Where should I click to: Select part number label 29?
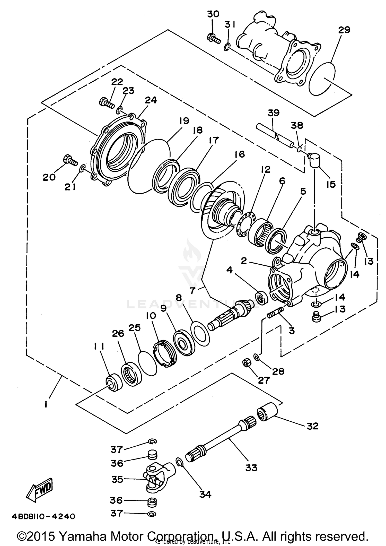(x=344, y=30)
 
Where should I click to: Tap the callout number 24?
(x=151, y=100)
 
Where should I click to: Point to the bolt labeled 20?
(x=70, y=160)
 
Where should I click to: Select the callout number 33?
(x=251, y=467)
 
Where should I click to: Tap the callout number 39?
(x=273, y=113)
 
